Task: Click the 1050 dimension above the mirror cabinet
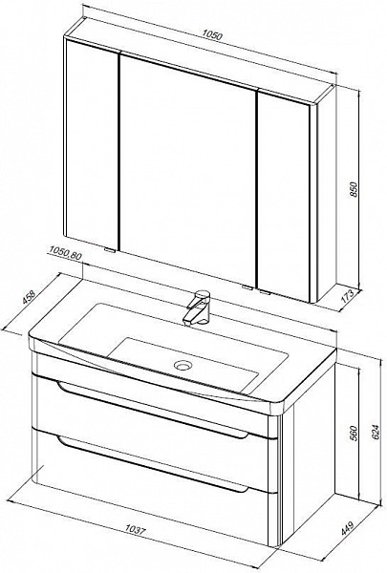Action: click(x=212, y=36)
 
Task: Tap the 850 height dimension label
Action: click(x=354, y=189)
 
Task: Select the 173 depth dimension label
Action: click(x=349, y=295)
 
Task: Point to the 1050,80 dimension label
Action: click(x=65, y=251)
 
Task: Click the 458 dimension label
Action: click(x=29, y=297)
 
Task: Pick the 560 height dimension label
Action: click(x=354, y=434)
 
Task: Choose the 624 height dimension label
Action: click(x=376, y=434)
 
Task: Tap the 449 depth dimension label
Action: click(x=349, y=529)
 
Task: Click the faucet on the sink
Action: click(x=198, y=307)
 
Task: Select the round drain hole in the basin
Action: click(x=183, y=365)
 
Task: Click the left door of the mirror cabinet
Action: click(x=92, y=141)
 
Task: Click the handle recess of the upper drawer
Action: click(x=153, y=411)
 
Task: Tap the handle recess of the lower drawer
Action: click(x=153, y=464)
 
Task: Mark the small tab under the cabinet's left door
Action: click(x=109, y=250)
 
